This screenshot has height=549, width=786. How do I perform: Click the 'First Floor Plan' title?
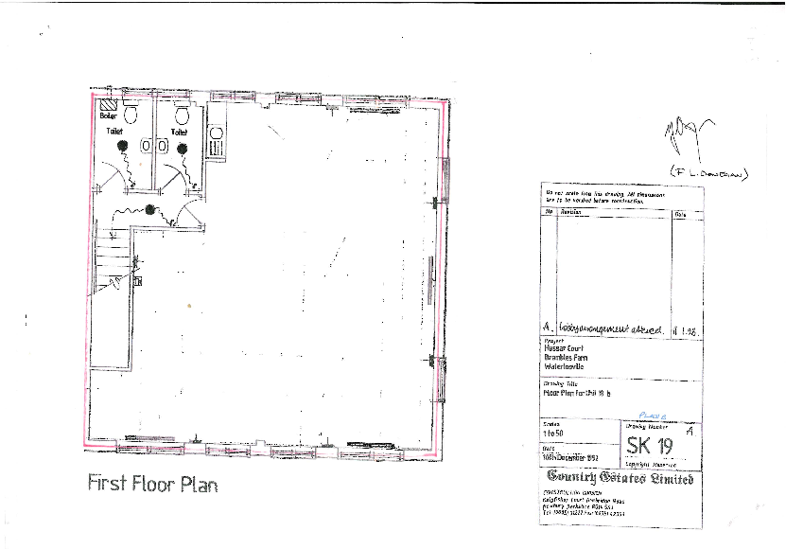click(x=152, y=483)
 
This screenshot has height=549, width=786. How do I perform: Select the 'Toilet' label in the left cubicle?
click(x=114, y=132)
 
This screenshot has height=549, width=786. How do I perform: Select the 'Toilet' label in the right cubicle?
click(x=179, y=132)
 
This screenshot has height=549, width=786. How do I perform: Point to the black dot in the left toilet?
click(x=122, y=147)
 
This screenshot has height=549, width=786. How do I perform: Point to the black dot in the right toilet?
click(x=182, y=148)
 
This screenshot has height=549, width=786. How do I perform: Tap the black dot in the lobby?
click(x=149, y=209)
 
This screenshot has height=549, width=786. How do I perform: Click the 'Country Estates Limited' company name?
click(x=621, y=478)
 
